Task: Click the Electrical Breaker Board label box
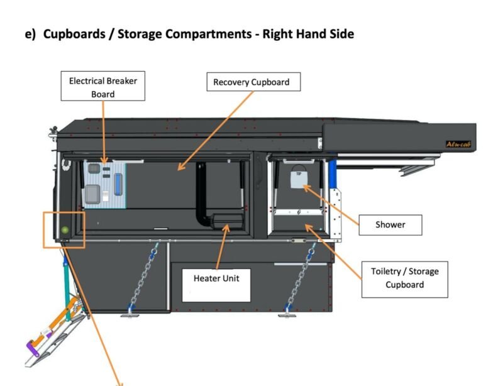tap(103, 87)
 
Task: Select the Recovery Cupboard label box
tap(251, 82)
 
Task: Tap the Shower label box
tap(390, 224)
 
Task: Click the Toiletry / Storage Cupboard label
tap(404, 278)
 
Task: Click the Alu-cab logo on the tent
tap(458, 144)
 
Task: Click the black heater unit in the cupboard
tap(228, 221)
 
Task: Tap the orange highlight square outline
tap(43, 229)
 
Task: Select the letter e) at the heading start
tap(30, 34)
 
